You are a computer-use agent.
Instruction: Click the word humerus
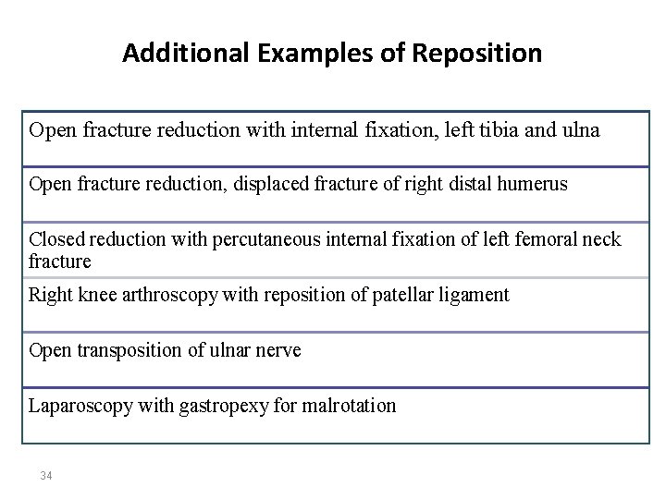click(x=533, y=185)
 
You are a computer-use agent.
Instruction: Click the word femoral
click(x=537, y=240)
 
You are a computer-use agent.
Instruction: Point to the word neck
click(x=601, y=240)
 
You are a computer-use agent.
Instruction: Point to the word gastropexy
click(x=212, y=407)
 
